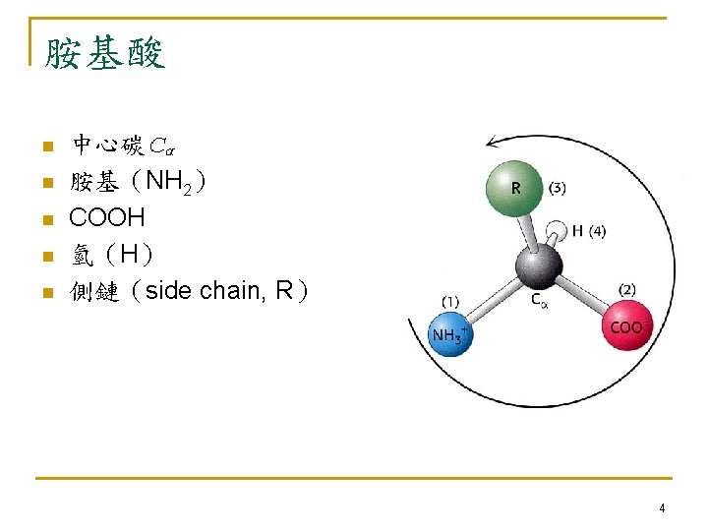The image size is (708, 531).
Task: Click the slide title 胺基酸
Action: (104, 51)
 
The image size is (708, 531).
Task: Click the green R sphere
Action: (514, 187)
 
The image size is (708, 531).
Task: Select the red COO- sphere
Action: (626, 326)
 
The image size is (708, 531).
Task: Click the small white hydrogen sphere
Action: (558, 233)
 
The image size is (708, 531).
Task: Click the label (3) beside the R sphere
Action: (557, 187)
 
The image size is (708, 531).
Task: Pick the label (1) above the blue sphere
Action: (452, 301)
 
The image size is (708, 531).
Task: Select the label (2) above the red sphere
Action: (627, 289)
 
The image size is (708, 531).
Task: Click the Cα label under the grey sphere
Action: (540, 300)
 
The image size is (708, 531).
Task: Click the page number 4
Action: (662, 508)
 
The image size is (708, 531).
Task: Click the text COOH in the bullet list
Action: (107, 217)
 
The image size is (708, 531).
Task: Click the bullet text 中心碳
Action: (108, 147)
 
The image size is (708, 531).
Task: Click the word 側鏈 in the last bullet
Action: (94, 291)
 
